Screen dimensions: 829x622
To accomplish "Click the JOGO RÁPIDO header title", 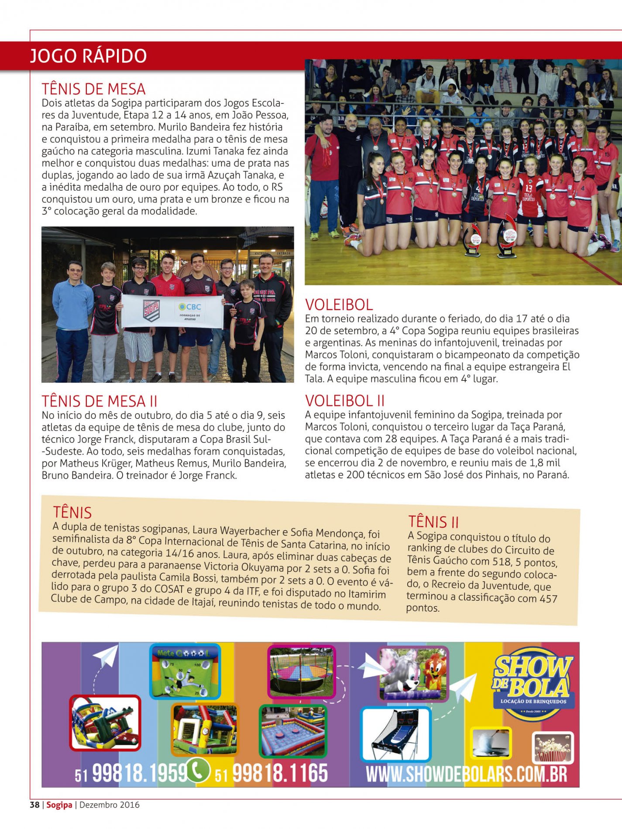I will [88, 56].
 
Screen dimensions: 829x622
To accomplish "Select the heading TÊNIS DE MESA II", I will [100, 401].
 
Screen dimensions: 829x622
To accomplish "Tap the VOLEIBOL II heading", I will [345, 400].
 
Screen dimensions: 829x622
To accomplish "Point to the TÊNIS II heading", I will [433, 521].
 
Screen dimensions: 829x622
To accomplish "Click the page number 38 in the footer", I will [34, 805].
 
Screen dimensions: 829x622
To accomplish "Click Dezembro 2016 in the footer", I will [109, 805].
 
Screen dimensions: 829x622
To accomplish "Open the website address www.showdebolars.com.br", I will [466, 774].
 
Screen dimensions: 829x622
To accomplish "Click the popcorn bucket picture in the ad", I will [553, 748].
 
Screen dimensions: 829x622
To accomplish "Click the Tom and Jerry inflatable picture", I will [412, 674].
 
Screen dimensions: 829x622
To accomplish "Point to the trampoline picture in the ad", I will [301, 672].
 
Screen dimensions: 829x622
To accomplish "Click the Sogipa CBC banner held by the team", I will [172, 310].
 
